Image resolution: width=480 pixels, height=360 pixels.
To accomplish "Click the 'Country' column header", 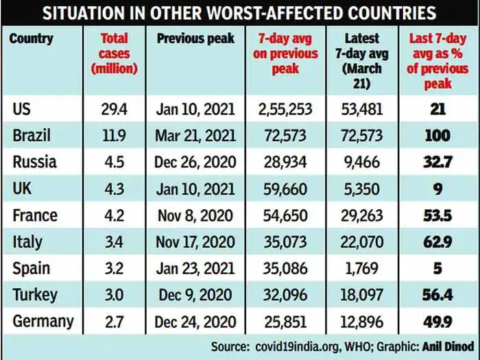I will (x=31, y=38).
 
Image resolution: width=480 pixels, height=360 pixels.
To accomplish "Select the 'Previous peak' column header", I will (x=195, y=38).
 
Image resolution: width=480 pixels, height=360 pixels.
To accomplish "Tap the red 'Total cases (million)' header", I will (x=114, y=53).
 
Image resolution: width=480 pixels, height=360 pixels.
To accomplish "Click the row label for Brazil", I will (x=32, y=136).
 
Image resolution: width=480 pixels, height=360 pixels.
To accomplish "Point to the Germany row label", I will (x=43, y=322).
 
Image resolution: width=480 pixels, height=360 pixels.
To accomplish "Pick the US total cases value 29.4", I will (x=113, y=109).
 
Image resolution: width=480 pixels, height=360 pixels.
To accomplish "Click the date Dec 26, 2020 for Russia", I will (x=195, y=163).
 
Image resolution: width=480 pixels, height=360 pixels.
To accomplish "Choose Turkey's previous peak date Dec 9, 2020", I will (x=195, y=295).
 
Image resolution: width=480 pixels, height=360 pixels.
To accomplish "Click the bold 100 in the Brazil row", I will (x=438, y=136).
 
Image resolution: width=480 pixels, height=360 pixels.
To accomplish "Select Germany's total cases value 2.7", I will (x=113, y=322).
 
